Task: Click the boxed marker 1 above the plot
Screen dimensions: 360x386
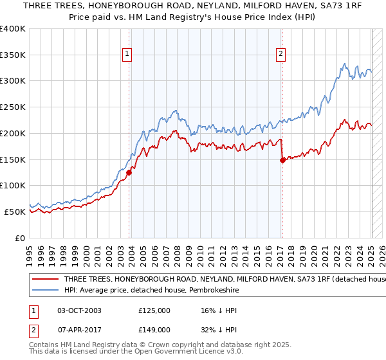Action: (x=127, y=55)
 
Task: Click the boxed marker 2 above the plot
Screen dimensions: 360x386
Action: (x=281, y=55)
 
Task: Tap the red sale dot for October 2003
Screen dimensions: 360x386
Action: (x=129, y=172)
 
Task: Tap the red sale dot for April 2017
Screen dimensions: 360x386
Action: (x=282, y=161)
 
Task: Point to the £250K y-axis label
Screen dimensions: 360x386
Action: (x=13, y=107)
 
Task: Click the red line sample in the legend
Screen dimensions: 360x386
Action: (x=44, y=280)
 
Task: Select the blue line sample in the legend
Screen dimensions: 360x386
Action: (x=44, y=291)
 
